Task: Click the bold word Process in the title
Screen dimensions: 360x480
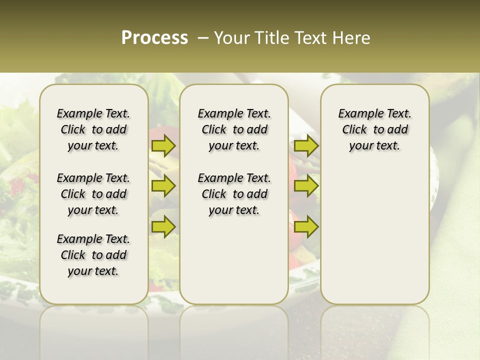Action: [154, 38]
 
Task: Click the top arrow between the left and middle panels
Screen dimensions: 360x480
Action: [163, 146]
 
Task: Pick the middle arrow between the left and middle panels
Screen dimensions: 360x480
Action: [163, 186]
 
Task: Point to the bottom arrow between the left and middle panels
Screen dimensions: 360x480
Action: [163, 226]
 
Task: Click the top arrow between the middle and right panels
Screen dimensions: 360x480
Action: [306, 146]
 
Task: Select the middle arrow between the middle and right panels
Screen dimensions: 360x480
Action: [306, 186]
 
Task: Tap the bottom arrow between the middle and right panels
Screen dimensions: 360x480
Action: [306, 226]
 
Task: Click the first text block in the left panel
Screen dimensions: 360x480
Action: [93, 129]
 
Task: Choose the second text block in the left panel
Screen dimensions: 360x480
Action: [93, 194]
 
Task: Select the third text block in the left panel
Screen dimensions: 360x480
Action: [93, 255]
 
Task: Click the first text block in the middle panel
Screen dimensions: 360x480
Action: [234, 129]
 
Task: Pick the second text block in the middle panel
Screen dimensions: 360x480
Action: [234, 194]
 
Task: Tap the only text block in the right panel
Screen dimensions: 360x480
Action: [374, 129]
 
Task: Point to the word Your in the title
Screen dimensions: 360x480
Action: [229, 38]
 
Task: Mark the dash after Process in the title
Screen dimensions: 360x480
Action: [203, 38]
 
